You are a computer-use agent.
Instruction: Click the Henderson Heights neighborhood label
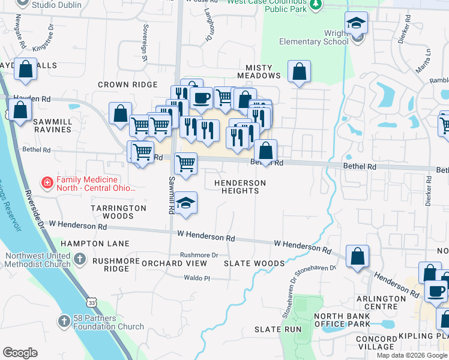pos(241,187)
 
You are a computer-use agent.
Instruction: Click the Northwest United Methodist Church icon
pos(80,260)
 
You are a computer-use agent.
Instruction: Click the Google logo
pos(20,353)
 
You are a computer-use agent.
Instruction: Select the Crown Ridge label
pos(127,85)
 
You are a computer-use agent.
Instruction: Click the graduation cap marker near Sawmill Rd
pos(187,203)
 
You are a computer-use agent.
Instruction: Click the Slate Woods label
pos(254,263)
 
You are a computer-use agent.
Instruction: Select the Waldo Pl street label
pos(197,278)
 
